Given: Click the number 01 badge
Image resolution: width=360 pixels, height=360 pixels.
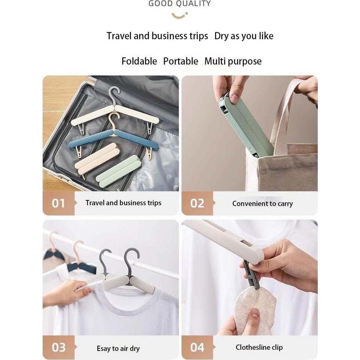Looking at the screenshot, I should [x=58, y=203].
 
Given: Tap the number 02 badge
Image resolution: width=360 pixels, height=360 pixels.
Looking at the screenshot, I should [x=197, y=203].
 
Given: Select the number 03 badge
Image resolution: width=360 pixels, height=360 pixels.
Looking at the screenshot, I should [x=58, y=347].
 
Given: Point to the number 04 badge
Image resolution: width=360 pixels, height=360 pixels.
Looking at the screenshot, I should [x=197, y=347].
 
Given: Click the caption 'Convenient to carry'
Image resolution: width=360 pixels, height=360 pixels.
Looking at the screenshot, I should [x=262, y=204].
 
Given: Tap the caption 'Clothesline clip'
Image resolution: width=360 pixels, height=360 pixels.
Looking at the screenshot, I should [x=259, y=348].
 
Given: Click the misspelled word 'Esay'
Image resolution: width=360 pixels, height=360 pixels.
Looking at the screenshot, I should [x=103, y=349].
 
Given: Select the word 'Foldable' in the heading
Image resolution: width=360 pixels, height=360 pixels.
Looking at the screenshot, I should [x=139, y=61].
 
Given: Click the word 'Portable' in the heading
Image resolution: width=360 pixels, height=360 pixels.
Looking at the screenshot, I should [x=180, y=61].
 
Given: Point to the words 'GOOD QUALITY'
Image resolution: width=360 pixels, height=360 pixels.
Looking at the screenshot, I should [x=180, y=4].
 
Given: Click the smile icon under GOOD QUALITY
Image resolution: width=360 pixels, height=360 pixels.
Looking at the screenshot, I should [x=180, y=15].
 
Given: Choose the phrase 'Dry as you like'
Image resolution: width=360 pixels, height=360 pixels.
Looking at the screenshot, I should [x=244, y=36].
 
